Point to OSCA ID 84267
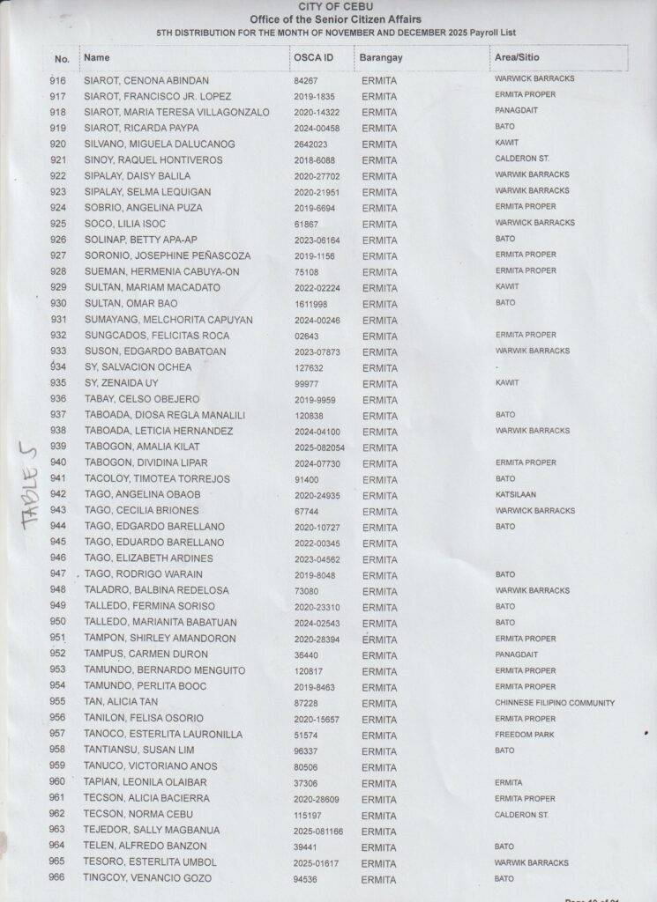click(x=305, y=80)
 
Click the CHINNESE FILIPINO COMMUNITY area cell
click(x=555, y=703)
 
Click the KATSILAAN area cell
click(x=516, y=495)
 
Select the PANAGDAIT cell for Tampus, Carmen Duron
click(x=517, y=654)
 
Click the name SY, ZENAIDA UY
click(x=125, y=383)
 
